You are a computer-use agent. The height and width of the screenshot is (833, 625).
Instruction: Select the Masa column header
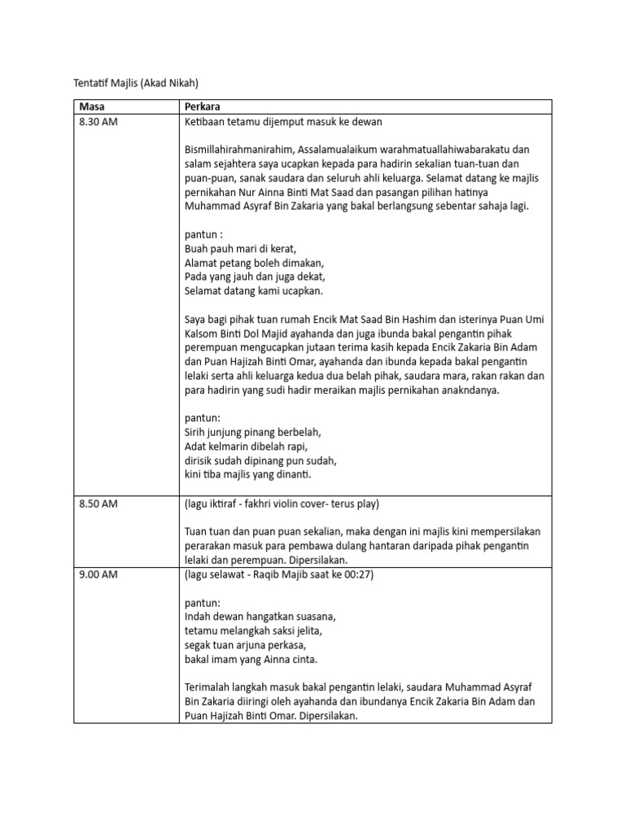(x=92, y=107)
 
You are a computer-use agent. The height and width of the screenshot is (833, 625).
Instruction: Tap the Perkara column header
(x=203, y=107)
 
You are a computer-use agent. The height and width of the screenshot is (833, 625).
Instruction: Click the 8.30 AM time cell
(x=98, y=121)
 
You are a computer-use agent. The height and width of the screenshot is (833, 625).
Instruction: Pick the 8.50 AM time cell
(x=98, y=504)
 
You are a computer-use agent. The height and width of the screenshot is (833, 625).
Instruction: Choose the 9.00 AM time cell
(x=98, y=575)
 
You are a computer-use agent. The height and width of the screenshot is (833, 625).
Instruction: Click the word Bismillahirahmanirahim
(x=239, y=149)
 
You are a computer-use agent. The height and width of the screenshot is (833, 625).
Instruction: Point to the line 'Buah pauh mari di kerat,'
(x=240, y=249)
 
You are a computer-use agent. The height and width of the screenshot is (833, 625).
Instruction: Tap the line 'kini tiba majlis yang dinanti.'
(x=248, y=473)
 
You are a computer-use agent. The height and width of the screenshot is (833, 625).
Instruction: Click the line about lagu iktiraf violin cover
(x=281, y=504)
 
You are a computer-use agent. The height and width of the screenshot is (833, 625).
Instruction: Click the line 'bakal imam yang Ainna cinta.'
(x=251, y=659)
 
